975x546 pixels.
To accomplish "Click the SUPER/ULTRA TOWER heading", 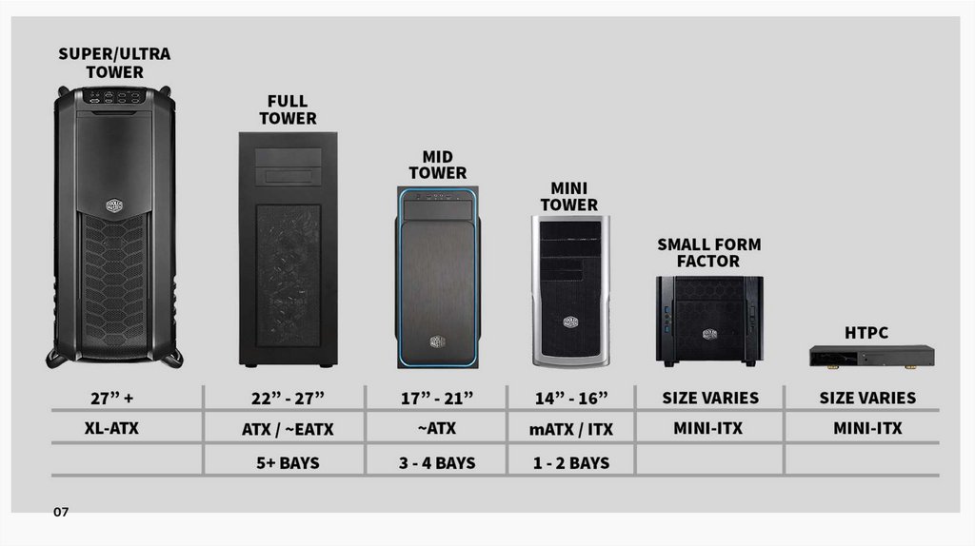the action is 114,63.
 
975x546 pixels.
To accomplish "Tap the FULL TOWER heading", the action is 287,109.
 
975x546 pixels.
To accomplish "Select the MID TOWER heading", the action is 438,165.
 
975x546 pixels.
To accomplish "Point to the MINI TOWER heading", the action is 569,196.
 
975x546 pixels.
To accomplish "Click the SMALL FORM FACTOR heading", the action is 709,252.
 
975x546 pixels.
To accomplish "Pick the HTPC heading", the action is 866,332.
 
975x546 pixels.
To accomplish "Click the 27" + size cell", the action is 113,398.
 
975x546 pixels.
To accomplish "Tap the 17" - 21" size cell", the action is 436,398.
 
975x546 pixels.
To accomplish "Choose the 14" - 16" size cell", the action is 570,398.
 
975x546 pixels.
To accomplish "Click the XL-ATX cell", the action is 112,428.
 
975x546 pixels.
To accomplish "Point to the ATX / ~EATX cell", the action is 288,429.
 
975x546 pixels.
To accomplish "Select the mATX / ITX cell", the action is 571,429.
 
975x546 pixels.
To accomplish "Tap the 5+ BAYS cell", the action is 288,463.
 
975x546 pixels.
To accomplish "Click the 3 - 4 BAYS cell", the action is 437,463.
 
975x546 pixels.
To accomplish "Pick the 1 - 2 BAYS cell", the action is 570,463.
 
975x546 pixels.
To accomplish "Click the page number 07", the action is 61,513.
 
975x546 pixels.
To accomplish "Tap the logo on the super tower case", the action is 115,206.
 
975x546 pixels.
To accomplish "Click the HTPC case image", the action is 871,357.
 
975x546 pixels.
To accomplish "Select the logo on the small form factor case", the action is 709,334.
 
